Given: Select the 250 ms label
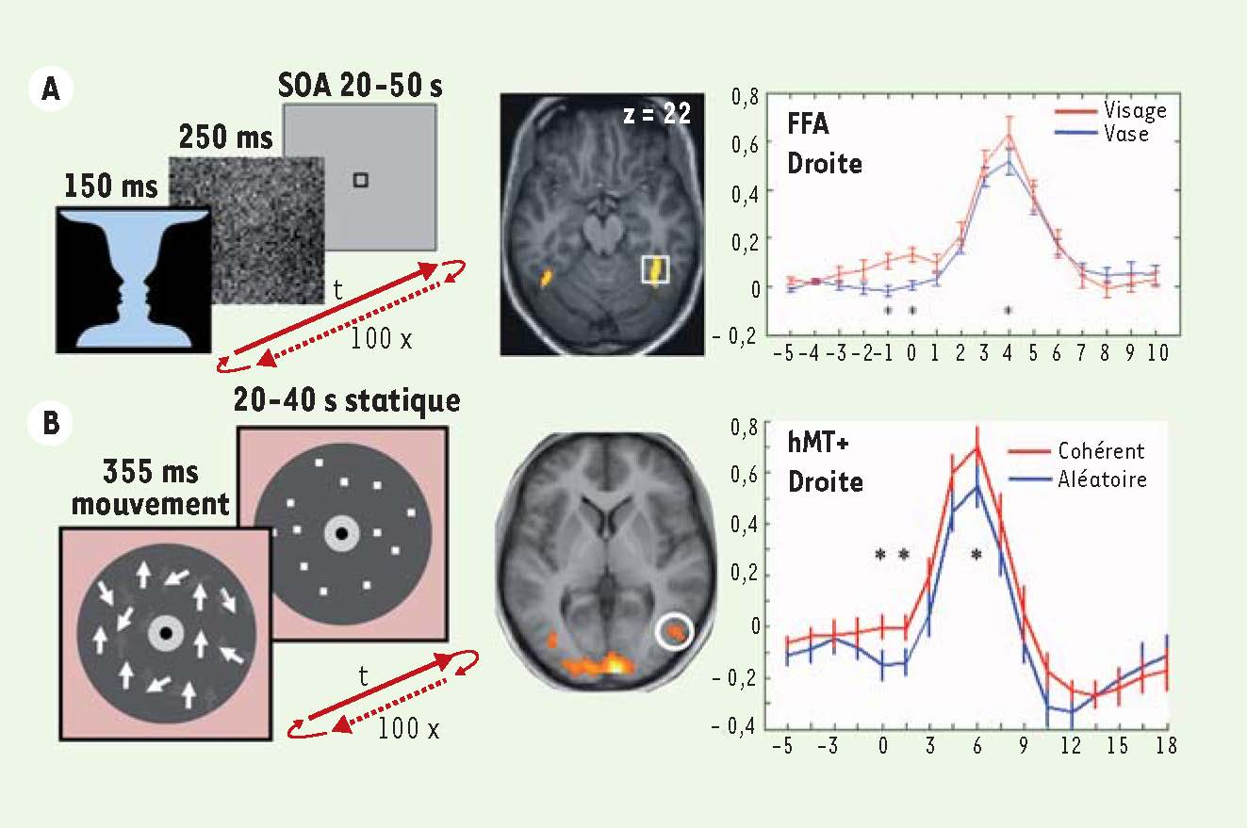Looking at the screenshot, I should (x=225, y=138).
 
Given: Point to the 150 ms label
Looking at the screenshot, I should (x=110, y=187).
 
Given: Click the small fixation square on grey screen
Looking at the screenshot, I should (x=360, y=180).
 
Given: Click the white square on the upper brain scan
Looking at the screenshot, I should (x=655, y=268).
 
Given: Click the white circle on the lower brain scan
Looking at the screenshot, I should (x=675, y=632).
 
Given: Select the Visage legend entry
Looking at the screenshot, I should (x=1135, y=110).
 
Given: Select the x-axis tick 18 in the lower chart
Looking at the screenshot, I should (x=1167, y=744).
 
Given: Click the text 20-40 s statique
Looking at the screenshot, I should (x=347, y=402).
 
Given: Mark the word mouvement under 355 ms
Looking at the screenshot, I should (x=151, y=504).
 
